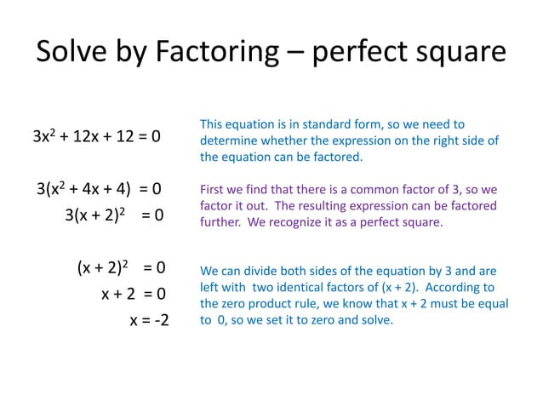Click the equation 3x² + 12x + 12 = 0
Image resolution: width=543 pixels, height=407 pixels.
coord(97,136)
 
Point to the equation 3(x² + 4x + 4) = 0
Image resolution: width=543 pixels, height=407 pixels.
coord(100,188)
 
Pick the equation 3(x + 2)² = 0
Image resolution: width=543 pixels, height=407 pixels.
coord(114,215)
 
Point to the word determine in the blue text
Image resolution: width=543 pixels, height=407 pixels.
coord(229,140)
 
